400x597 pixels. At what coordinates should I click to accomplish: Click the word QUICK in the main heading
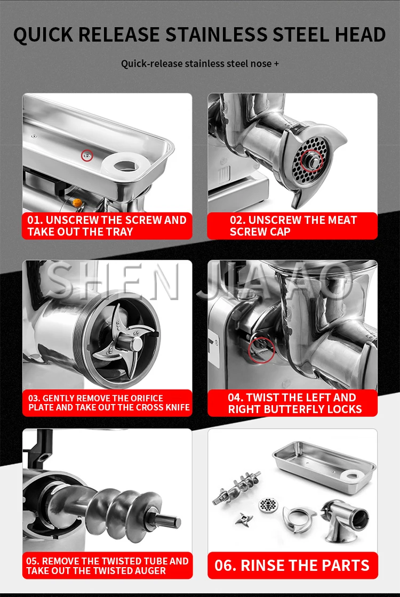pos(43,35)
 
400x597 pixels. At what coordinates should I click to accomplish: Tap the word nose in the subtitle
pos(261,63)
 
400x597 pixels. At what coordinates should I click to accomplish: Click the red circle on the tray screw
pos(87,155)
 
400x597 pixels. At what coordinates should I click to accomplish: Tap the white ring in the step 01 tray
pos(126,165)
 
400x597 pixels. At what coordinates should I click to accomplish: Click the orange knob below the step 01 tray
pos(78,203)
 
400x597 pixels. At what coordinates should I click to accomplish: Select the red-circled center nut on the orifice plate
pos(311,161)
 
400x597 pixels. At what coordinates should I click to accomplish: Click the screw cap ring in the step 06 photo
pos(299,519)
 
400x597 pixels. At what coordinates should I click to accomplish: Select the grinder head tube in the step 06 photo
pos(343,520)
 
